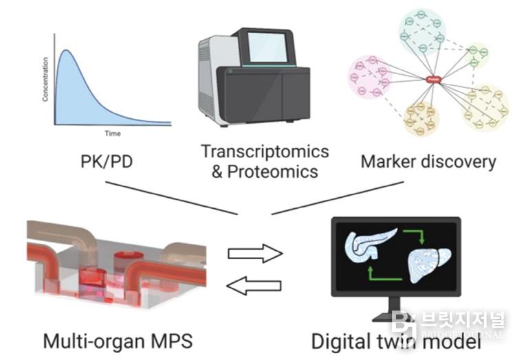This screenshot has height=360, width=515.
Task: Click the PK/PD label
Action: point(105,163)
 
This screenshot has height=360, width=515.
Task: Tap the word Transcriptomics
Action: point(265,151)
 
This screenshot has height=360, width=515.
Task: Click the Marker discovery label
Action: point(428,161)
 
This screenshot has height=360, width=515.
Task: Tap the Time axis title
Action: point(112,133)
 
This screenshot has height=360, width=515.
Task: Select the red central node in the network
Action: point(433,80)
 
